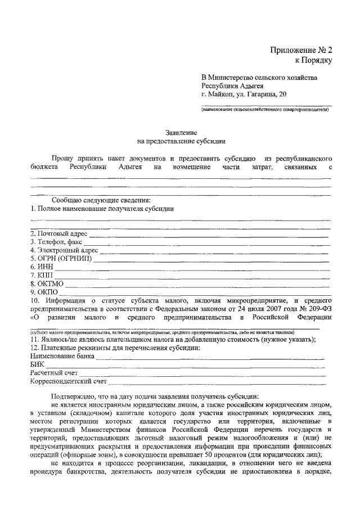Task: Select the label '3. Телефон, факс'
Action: click(56, 242)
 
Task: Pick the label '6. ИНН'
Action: click(42, 267)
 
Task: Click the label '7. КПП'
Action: click(42, 275)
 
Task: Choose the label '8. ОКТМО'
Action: click(47, 283)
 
